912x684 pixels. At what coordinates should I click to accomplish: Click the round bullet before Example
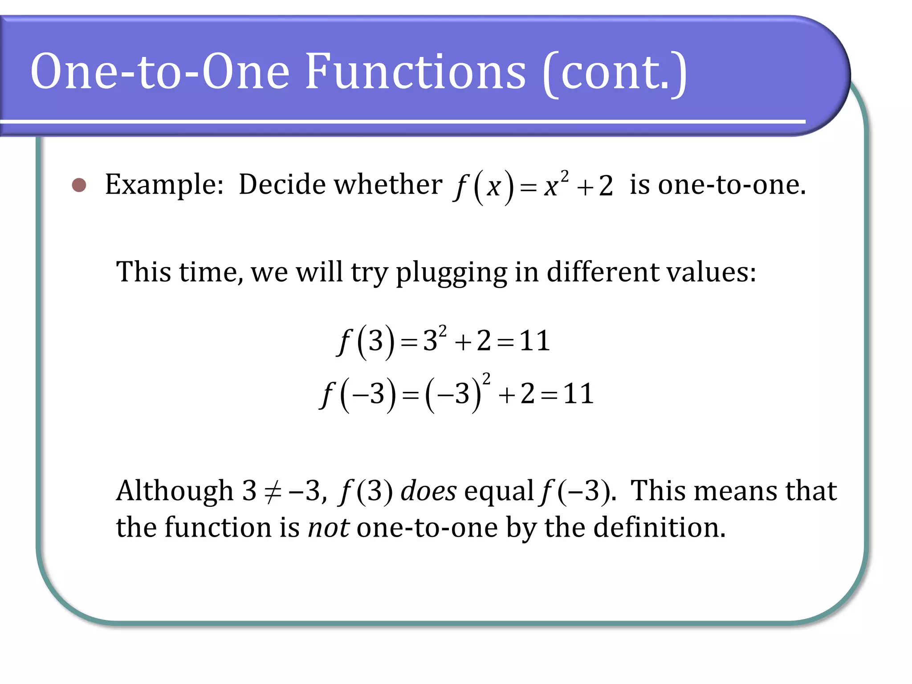[79, 185]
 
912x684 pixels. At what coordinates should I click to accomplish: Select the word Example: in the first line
[164, 185]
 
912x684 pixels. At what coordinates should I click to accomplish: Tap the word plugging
[451, 273]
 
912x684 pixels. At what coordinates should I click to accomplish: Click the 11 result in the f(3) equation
[534, 341]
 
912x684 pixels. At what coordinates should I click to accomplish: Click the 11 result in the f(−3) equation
[578, 394]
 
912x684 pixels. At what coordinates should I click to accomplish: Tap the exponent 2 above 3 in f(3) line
[442, 331]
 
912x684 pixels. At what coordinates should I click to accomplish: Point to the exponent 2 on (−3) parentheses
[486, 379]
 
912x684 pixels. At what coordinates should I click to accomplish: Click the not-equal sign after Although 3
[273, 492]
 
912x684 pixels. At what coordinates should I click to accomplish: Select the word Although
[175, 491]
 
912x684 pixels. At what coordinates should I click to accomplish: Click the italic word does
[428, 491]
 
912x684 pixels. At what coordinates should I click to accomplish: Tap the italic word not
[329, 528]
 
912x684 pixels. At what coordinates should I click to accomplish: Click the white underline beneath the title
[401, 121]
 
